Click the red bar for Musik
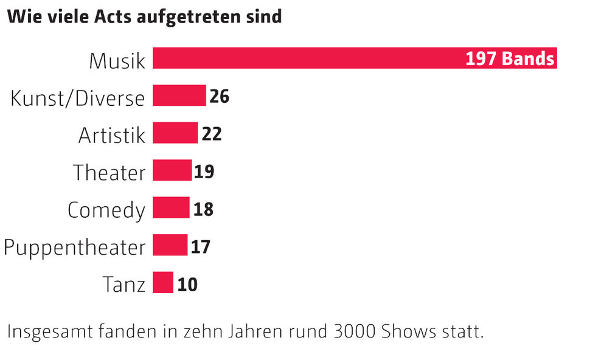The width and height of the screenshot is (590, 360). click(x=304, y=58)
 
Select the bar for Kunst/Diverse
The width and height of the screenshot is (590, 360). click(x=179, y=96)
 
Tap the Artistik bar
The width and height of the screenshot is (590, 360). click(x=175, y=133)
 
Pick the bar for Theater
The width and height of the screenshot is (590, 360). click(x=172, y=171)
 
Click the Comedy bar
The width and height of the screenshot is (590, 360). click(x=171, y=208)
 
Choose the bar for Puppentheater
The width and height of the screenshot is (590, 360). click(x=170, y=246)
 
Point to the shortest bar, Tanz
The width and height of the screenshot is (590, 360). click(x=163, y=283)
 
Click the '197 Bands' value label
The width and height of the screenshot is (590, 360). click(x=510, y=59)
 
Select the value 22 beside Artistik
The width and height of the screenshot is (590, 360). click(x=212, y=134)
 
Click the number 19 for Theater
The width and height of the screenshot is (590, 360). click(x=204, y=171)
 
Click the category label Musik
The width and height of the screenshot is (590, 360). click(x=117, y=61)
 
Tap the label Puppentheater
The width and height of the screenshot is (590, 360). click(x=74, y=247)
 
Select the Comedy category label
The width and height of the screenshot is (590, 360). click(x=106, y=210)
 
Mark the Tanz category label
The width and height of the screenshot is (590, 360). click(x=124, y=284)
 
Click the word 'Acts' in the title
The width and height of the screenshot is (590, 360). click(x=114, y=16)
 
